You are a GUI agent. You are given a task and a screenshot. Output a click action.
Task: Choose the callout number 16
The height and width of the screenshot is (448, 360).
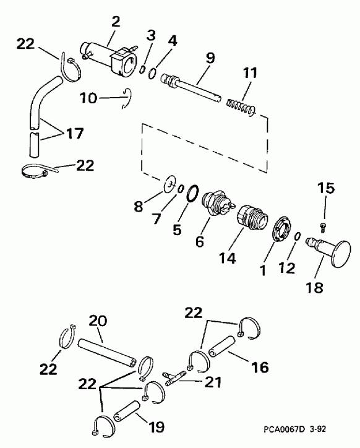point(260,368)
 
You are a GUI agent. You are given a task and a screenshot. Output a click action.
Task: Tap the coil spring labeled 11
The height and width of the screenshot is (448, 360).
point(240,107)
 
